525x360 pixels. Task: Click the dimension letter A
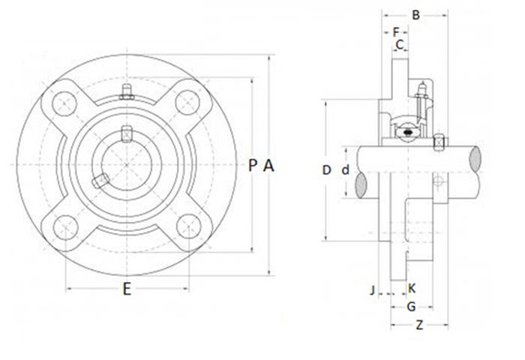(x=269, y=166)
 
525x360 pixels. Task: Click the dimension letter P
(x=253, y=166)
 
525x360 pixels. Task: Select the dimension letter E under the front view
(x=127, y=289)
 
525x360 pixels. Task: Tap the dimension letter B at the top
(x=416, y=13)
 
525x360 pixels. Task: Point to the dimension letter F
(x=395, y=32)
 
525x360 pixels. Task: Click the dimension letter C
(x=400, y=45)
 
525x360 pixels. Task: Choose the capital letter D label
(x=326, y=170)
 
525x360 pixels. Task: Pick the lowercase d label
(x=345, y=170)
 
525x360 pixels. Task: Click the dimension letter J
(x=372, y=288)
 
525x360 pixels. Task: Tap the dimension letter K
(x=412, y=288)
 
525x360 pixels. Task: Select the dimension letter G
(x=411, y=306)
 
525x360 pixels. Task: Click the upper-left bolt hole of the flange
(x=64, y=103)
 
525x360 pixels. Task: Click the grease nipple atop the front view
(x=127, y=92)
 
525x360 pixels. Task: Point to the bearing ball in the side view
(x=408, y=133)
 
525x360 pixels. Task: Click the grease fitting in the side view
(x=421, y=94)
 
